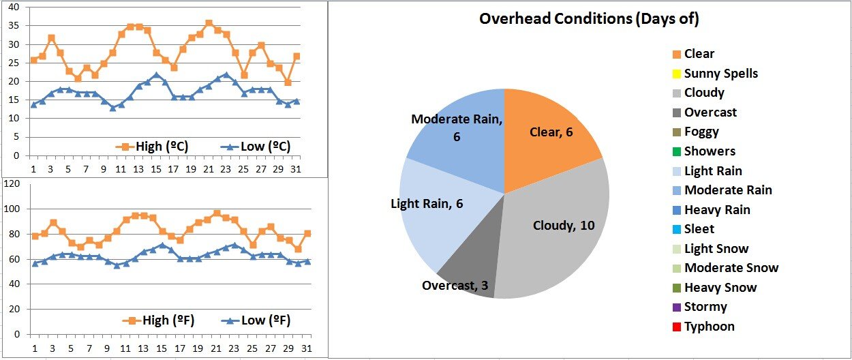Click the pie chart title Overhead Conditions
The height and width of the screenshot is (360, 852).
click(589, 19)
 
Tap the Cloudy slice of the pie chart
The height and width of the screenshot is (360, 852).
click(559, 225)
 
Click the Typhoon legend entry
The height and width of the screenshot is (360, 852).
click(709, 327)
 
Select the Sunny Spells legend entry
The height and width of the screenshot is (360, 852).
click(720, 74)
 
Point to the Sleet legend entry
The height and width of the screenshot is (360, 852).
click(699, 229)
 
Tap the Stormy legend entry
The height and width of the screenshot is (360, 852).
click(705, 307)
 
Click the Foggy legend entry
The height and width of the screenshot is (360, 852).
click(701, 132)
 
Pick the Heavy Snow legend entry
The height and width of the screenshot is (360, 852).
click(720, 288)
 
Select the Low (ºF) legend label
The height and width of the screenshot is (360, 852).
click(256, 320)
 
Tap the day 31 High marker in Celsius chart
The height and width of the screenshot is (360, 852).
click(296, 56)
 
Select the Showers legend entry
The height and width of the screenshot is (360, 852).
click(710, 151)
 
